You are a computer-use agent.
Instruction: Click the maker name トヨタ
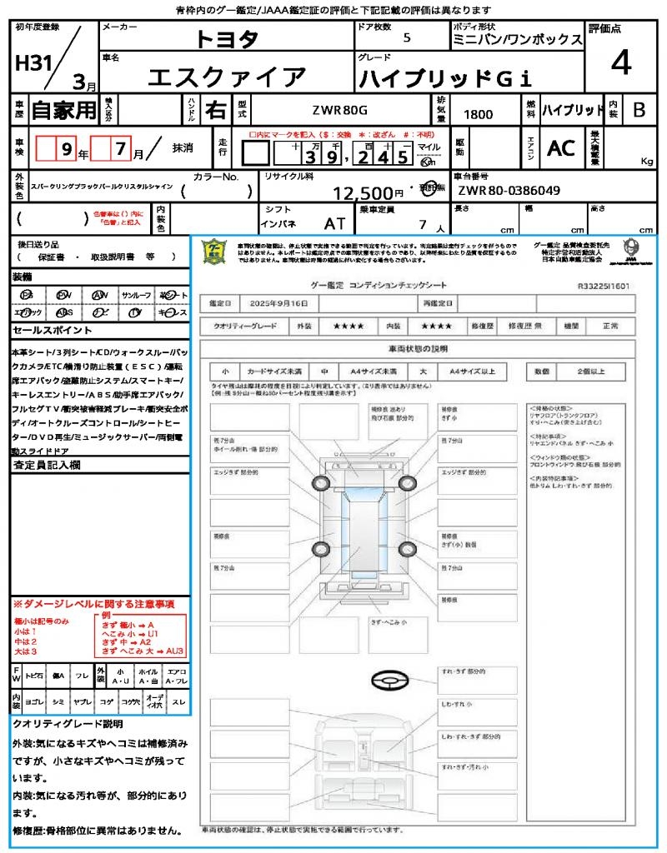coord(227,39)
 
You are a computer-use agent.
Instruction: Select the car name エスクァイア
coord(227,77)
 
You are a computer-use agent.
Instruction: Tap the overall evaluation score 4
coord(619,63)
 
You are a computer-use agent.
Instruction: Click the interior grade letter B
coord(639,109)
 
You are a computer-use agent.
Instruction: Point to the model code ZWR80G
coord(339,110)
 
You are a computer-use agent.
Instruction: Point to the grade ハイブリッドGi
coord(444,78)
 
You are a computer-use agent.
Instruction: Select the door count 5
coord(406,38)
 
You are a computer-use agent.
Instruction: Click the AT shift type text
coord(334,223)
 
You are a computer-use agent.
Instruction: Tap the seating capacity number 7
coord(422,224)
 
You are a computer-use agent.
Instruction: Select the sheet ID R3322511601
coord(603,285)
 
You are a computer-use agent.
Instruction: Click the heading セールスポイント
coord(47,330)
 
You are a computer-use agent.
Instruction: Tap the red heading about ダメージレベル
coord(93,603)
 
